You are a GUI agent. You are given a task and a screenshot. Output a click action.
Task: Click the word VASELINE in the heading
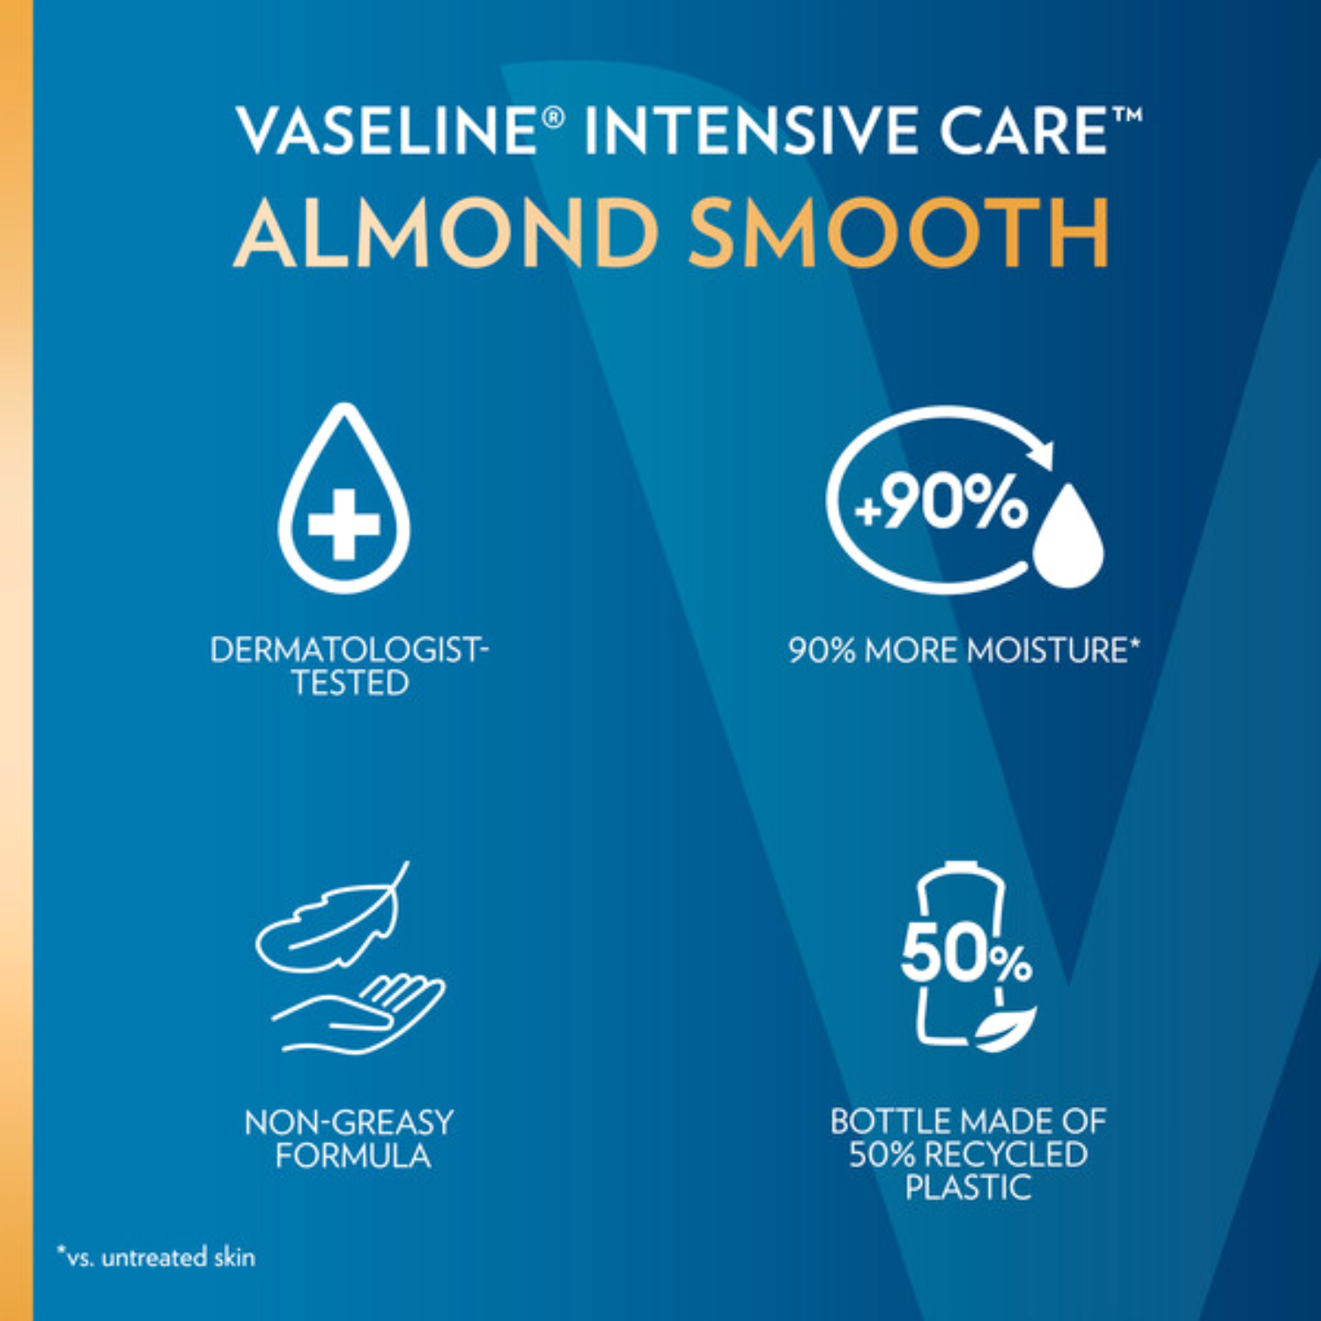click(385, 130)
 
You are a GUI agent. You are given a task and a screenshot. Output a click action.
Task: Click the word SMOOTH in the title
click(898, 232)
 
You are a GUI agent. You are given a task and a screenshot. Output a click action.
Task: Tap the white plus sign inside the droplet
click(343, 525)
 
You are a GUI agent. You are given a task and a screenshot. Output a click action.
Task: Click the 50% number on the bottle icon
click(965, 955)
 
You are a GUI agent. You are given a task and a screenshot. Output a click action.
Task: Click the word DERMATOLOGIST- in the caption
click(349, 650)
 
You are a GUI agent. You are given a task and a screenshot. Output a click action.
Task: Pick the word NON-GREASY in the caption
click(349, 1123)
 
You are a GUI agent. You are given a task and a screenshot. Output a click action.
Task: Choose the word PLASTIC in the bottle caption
click(968, 1188)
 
